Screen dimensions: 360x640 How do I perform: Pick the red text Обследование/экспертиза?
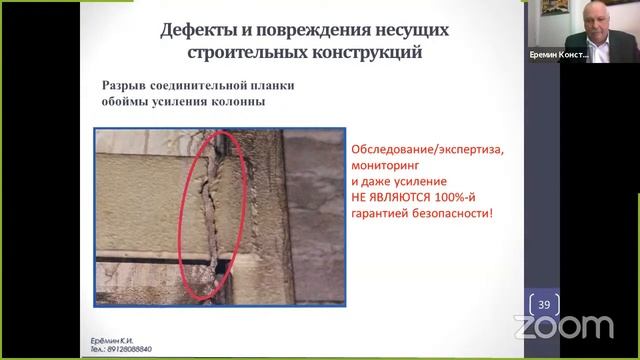coord(429,150)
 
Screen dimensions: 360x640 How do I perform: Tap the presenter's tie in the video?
coord(594,49)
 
